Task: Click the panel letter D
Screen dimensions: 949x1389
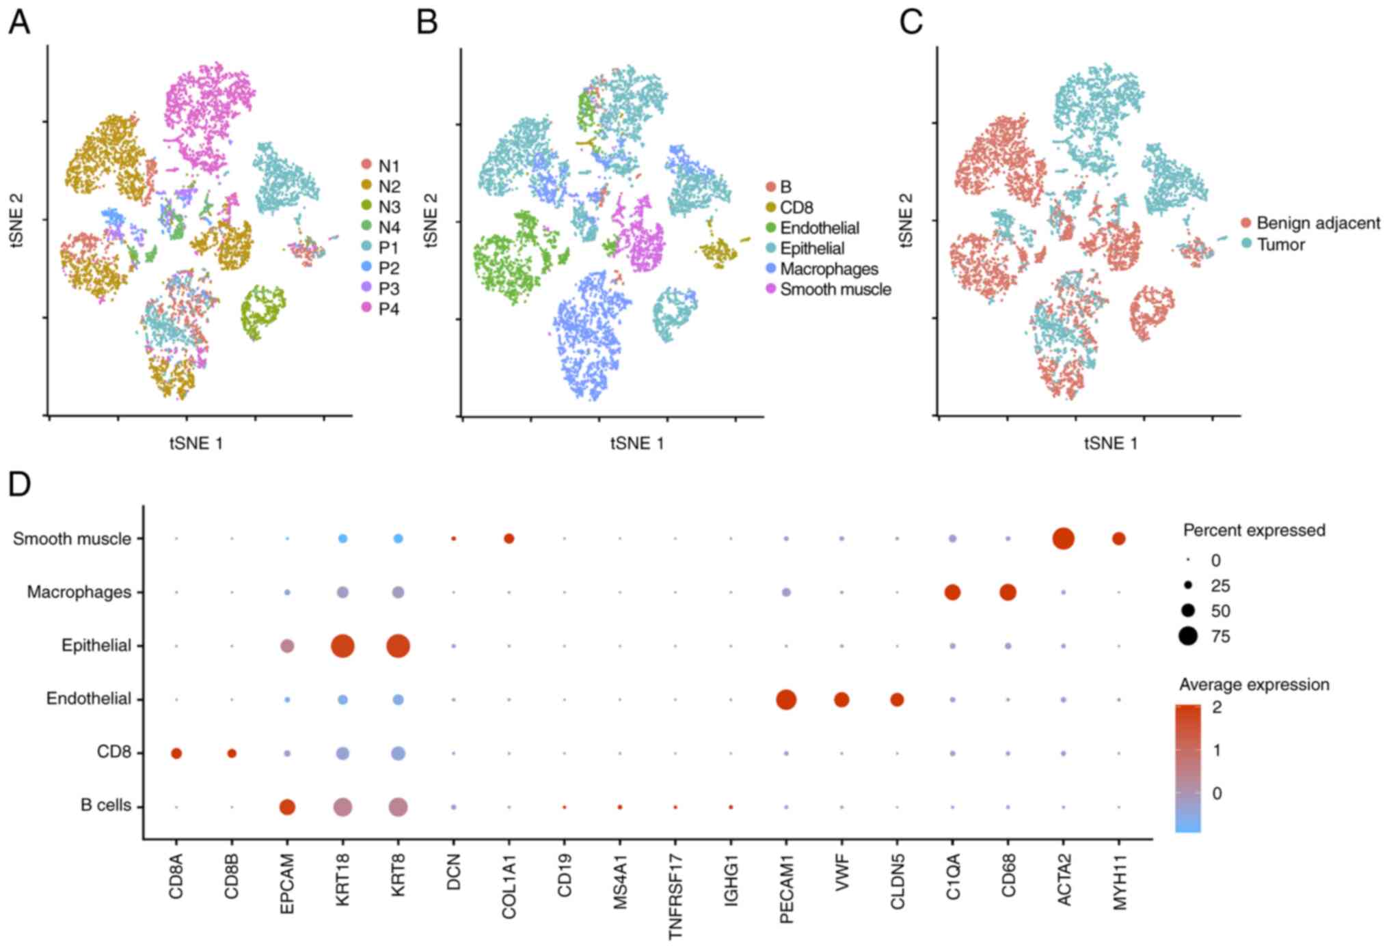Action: coord(20,484)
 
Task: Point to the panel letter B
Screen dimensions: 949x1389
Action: coord(427,21)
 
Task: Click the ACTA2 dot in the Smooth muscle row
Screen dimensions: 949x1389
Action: coord(1063,538)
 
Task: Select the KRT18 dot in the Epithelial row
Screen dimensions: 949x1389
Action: coord(342,646)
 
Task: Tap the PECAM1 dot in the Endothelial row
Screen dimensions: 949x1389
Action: coord(786,699)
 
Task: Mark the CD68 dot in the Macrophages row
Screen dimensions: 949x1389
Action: coord(1008,592)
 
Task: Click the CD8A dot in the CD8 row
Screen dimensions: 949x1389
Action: coord(176,753)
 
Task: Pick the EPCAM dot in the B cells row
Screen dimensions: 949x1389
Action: coord(287,807)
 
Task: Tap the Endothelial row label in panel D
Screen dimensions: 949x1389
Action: coord(88,698)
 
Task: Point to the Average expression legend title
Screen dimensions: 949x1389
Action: coord(1254,685)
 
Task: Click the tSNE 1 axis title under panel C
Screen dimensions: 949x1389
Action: coord(1111,443)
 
